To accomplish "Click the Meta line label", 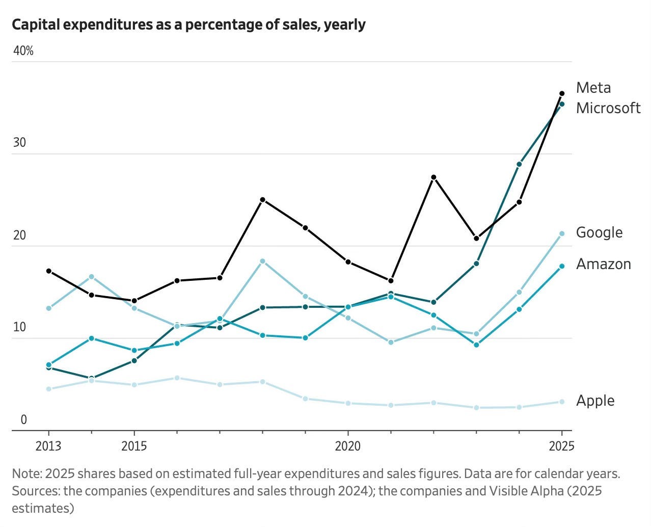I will pyautogui.click(x=593, y=88).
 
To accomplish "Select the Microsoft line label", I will pyautogui.click(x=608, y=108).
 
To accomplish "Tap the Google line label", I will pyautogui.click(x=599, y=232).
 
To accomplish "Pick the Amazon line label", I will pyautogui.click(x=603, y=264).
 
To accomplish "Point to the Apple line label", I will pyautogui.click(x=595, y=401).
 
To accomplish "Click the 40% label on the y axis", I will pyautogui.click(x=23, y=50).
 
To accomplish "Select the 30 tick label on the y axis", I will pyautogui.click(x=19, y=143).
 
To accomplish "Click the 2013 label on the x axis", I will pyautogui.click(x=48, y=446).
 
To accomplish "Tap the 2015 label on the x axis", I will pyautogui.click(x=134, y=446).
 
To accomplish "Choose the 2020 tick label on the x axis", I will pyautogui.click(x=348, y=446).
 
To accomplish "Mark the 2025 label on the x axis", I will pyautogui.click(x=561, y=446).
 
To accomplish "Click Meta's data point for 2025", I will pyautogui.click(x=562, y=93).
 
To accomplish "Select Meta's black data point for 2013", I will pyautogui.click(x=48, y=271).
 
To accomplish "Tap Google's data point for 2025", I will pyautogui.click(x=562, y=233).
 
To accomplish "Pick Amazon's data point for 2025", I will pyautogui.click(x=562, y=266).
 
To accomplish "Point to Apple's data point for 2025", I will pyautogui.click(x=562, y=402).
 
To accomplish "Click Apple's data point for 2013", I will pyautogui.click(x=48, y=389).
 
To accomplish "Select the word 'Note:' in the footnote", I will pyautogui.click(x=26, y=473).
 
